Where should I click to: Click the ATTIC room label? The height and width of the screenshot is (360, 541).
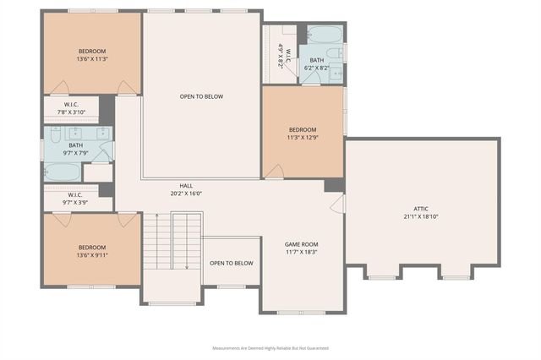pos(420,207)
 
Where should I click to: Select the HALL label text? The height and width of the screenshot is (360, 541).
pos(186,185)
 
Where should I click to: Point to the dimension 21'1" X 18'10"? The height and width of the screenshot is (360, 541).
pos(420,215)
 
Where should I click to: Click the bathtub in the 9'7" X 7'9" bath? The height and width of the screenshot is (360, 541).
pos(63,172)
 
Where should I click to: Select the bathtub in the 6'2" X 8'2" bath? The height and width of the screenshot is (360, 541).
pos(325,35)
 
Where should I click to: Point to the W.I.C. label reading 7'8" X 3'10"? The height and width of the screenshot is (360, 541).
pos(71,112)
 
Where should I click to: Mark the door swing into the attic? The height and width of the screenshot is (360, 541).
pos(338,204)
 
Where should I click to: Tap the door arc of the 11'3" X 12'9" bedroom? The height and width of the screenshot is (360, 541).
pos(274,172)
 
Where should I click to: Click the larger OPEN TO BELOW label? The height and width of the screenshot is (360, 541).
pos(201,96)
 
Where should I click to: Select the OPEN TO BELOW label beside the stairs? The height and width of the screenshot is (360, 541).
pos(232,263)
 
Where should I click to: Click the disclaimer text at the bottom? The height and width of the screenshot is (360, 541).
pos(270,348)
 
